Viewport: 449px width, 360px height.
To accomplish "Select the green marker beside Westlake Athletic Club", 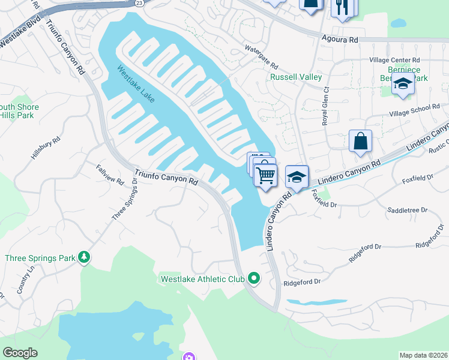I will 254,278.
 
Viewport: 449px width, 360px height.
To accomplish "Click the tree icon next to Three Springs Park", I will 85,258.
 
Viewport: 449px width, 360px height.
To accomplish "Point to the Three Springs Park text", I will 40,259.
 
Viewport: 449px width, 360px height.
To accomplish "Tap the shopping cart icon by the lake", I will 265,175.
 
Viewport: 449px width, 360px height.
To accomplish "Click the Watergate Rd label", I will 261,57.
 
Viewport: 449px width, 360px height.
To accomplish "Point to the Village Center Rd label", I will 394,61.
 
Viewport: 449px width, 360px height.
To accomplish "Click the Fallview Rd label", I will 109,173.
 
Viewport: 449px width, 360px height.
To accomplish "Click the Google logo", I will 20,353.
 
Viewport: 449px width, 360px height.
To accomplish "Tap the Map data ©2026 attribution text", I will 423,355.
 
